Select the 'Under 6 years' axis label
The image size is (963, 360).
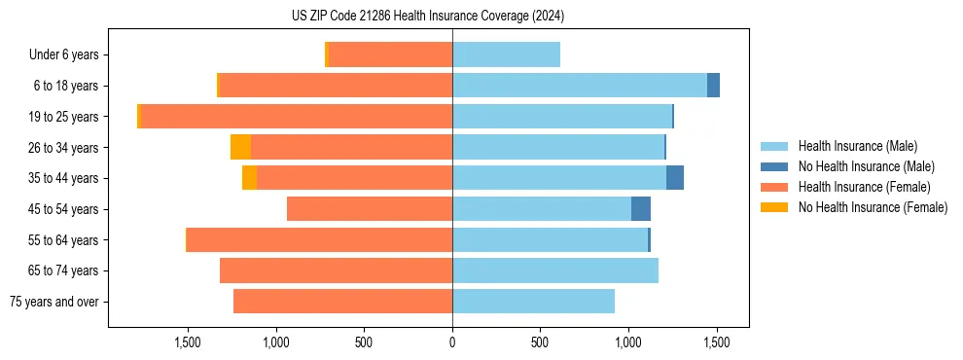(64, 54)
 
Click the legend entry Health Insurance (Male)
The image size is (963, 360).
(857, 146)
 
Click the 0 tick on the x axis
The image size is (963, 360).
(452, 342)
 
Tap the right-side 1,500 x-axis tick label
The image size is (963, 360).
(717, 342)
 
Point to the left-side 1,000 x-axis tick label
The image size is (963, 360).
(275, 342)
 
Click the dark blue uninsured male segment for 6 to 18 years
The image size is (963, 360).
(713, 86)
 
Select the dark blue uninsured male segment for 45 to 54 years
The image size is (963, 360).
(641, 209)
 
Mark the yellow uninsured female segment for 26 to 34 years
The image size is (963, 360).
(240, 147)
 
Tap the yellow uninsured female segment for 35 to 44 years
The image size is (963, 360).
(249, 178)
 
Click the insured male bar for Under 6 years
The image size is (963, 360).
(506, 54)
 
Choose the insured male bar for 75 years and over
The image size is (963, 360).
(533, 302)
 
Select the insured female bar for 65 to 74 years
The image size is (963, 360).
(336, 270)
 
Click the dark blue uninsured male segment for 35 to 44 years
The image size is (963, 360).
(675, 178)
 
